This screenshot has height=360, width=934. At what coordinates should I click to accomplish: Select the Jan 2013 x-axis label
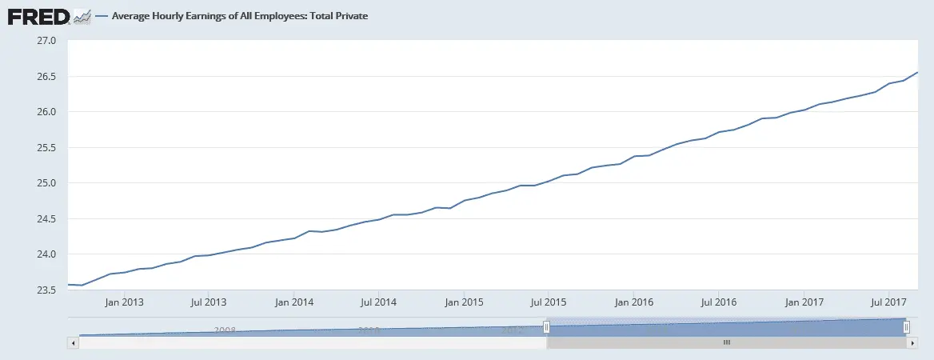tap(124, 302)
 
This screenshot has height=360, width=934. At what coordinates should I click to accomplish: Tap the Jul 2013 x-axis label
tap(209, 302)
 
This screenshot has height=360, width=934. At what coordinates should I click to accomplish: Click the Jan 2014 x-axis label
tap(293, 302)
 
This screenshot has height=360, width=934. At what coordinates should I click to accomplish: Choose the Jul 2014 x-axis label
tap(378, 302)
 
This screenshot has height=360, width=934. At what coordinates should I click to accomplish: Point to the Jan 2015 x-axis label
tap(464, 302)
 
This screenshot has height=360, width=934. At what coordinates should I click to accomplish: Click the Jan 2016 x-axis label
tap(633, 302)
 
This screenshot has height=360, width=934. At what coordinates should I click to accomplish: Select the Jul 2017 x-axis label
tap(887, 302)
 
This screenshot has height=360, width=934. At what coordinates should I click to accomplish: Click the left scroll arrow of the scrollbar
tap(74, 342)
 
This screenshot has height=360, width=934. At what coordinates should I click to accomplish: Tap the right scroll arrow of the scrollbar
tap(912, 342)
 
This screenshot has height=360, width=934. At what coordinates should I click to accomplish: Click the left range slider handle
tap(547, 326)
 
